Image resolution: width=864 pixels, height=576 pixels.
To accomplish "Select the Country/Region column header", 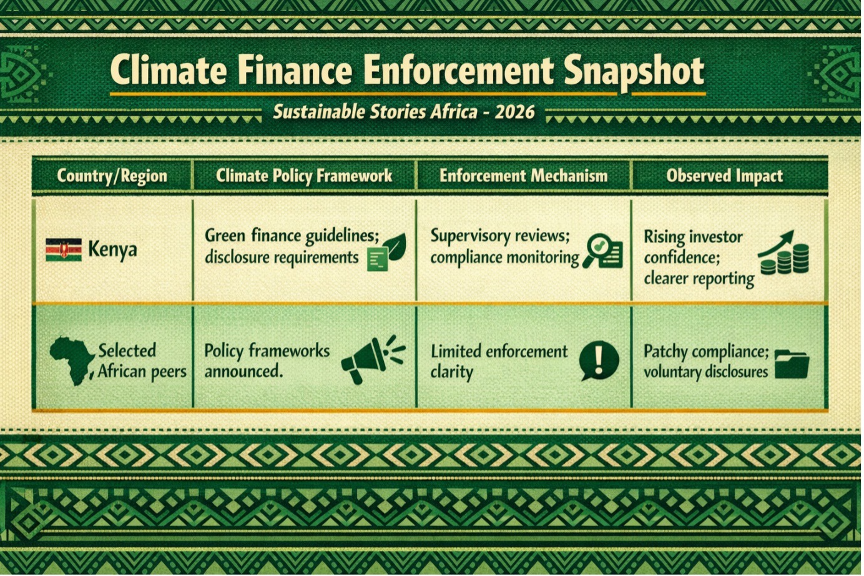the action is click(x=112, y=176).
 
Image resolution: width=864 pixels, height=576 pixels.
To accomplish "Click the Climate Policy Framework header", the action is click(x=304, y=176).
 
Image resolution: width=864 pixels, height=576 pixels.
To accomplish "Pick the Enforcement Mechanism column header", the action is click(x=523, y=176).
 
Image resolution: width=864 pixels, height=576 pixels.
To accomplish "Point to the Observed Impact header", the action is click(x=724, y=176).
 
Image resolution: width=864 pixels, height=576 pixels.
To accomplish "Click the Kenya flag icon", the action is click(x=64, y=250).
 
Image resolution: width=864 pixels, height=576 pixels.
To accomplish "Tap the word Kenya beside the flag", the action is click(x=112, y=250).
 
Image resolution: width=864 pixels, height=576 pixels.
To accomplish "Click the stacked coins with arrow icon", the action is click(x=783, y=252).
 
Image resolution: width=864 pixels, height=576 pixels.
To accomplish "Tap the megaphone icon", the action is click(x=373, y=359).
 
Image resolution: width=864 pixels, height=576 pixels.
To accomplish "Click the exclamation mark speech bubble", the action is click(x=599, y=360).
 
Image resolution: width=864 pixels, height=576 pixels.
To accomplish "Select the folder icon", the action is click(x=792, y=364).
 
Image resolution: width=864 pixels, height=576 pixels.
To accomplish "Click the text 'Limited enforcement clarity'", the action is click(x=499, y=362).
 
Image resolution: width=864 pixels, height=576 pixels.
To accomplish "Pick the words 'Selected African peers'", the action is click(x=142, y=361).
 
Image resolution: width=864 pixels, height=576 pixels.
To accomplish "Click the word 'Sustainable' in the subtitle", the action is click(x=318, y=112).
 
